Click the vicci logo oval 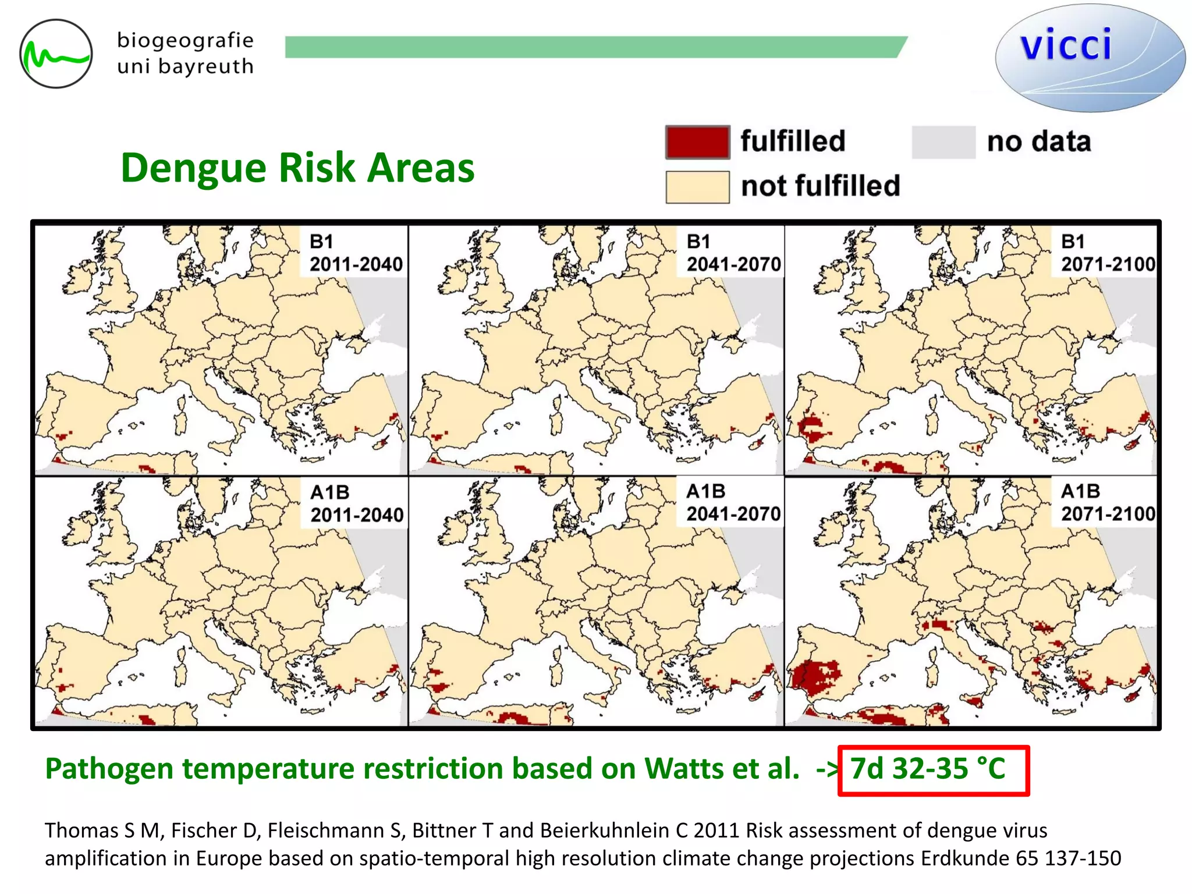[x=1090, y=57]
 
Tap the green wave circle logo [x=56, y=54]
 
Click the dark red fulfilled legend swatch [x=697, y=142]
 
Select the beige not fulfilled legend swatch [x=697, y=187]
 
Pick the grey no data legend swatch [x=943, y=142]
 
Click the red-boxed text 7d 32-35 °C [x=928, y=769]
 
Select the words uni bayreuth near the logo [x=185, y=67]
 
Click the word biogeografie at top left [x=185, y=41]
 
